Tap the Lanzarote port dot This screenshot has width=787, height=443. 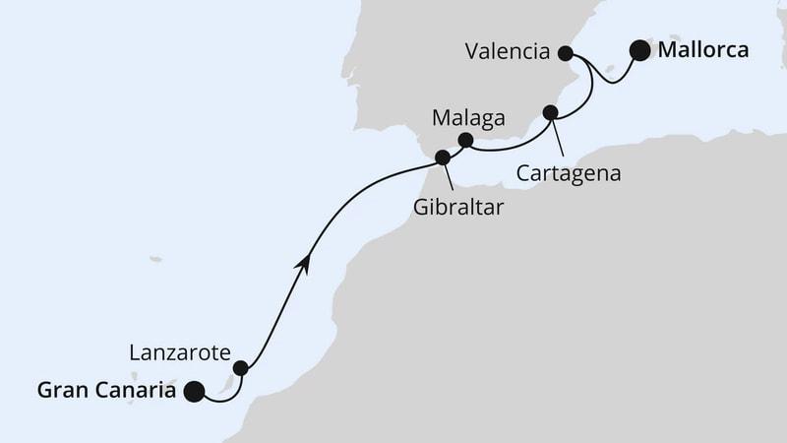(240, 368)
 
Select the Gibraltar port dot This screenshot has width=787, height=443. (443, 157)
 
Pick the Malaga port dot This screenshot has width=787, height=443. (466, 140)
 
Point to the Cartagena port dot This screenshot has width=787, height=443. (551, 112)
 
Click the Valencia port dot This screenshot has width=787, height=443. (566, 53)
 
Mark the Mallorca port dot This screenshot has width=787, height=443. (640, 50)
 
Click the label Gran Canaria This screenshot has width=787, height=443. (107, 391)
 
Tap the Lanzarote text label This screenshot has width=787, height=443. (179, 352)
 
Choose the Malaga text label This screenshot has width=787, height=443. (469, 118)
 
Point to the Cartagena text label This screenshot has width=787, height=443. (571, 173)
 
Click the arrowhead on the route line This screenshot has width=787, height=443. (307, 263)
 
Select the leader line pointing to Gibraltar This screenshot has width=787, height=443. (451, 176)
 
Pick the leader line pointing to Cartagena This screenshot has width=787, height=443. (558, 138)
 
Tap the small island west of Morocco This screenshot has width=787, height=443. (155, 260)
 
